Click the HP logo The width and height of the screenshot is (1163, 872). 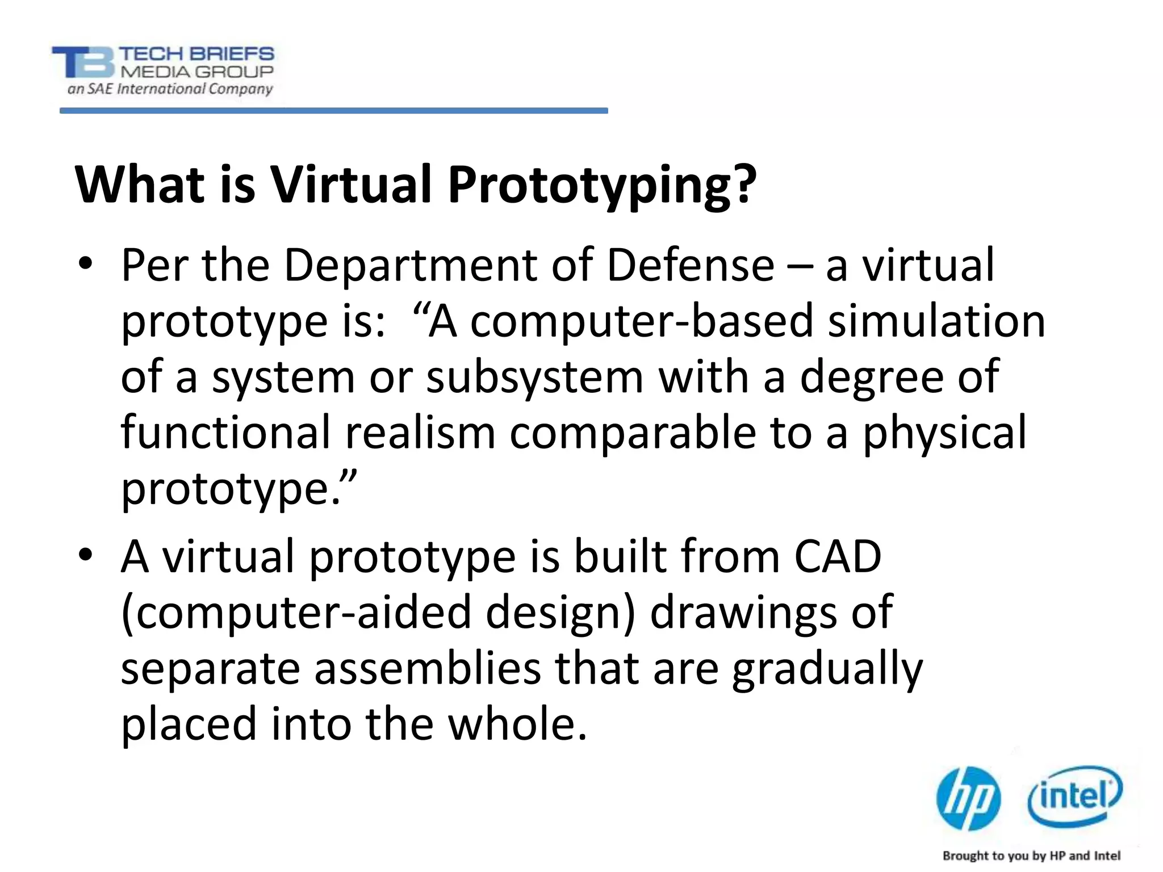coord(968,798)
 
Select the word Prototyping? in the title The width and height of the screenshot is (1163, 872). coord(602,186)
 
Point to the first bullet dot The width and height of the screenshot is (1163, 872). coord(85,265)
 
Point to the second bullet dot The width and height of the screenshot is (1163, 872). coord(85,555)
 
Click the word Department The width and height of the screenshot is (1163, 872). coord(410,266)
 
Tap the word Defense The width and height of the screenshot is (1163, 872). coord(690,265)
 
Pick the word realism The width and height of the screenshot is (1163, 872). coord(420,433)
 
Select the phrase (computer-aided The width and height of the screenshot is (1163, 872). coord(296,613)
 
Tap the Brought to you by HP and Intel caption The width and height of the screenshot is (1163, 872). coord(1031,856)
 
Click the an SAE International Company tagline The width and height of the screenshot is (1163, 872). coord(170,89)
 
